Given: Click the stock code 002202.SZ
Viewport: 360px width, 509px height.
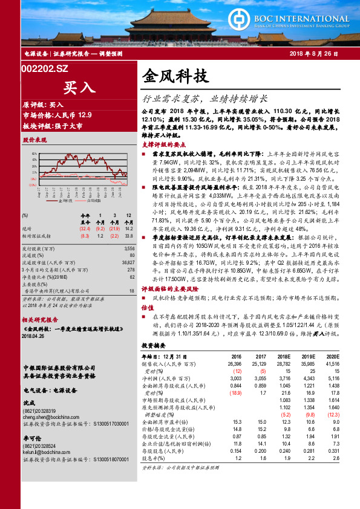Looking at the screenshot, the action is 45,70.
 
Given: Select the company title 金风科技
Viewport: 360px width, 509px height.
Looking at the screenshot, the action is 175,77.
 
